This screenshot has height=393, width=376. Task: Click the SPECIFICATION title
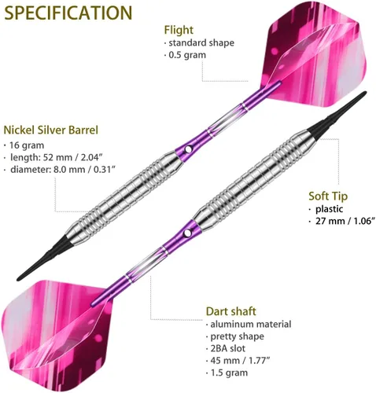tap(68, 13)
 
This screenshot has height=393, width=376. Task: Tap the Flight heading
tap(179, 31)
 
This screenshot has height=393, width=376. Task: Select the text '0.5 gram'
tap(187, 55)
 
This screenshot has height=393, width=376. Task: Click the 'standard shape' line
tap(201, 42)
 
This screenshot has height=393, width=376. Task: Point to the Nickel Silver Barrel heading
tap(51, 130)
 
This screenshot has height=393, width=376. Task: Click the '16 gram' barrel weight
tap(27, 145)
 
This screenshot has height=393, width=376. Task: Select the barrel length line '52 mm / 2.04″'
tap(56, 157)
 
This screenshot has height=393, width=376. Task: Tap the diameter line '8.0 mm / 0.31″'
tap(63, 170)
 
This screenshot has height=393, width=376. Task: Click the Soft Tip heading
tap(328, 196)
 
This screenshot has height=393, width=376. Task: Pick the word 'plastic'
tap(330, 209)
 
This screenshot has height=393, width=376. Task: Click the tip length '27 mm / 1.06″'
tap(345, 221)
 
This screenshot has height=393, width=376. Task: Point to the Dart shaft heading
tap(231, 311)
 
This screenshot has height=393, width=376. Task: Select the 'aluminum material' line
tap(251, 325)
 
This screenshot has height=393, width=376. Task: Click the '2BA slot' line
tap(228, 348)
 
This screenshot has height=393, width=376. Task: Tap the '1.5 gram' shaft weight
tap(229, 373)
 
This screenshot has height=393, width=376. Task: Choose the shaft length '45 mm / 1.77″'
tap(240, 361)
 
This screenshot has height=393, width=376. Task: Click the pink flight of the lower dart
tap(57, 332)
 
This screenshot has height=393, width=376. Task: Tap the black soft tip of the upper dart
tap(41, 260)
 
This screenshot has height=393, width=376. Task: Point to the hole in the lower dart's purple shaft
tap(187, 233)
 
